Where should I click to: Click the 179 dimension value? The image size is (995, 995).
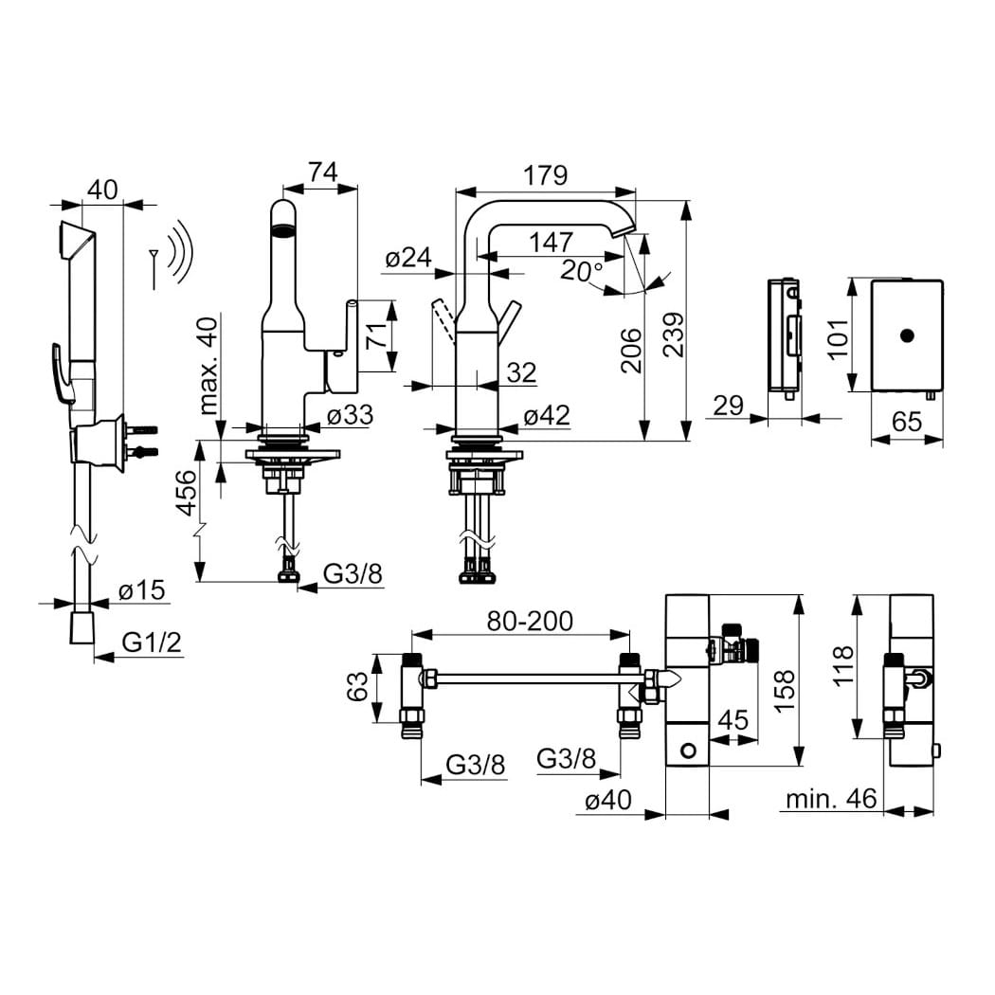545,175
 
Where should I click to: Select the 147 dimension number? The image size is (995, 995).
551,243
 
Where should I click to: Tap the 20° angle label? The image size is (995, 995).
581,271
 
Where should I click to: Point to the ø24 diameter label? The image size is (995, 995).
408,259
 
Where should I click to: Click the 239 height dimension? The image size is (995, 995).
674,335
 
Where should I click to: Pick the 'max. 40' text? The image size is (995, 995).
208,366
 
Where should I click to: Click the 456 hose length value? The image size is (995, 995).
186,493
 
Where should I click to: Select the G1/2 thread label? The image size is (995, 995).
152,642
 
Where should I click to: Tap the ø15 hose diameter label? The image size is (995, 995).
141,590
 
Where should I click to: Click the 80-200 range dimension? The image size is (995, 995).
530,622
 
